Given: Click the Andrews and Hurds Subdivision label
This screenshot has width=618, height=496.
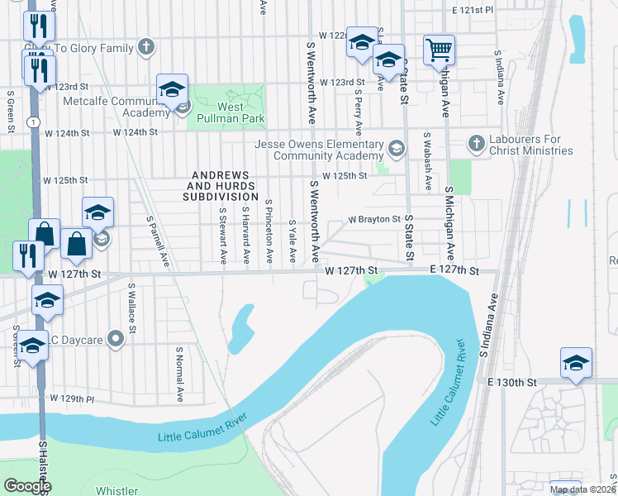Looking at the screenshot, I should tap(221, 186).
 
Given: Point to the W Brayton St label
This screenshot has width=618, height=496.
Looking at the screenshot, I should tap(374, 220).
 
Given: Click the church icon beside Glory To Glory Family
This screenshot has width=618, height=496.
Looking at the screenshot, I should tap(146, 47).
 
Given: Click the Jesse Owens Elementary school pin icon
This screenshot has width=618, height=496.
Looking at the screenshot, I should tap(397, 150).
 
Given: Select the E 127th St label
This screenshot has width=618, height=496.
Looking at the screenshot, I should tap(454, 270).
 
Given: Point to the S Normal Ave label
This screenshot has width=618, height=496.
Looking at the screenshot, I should tap(179, 374).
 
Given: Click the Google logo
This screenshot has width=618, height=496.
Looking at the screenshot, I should tap(27, 486).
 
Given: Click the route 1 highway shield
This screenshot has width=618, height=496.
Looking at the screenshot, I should tap(31, 122).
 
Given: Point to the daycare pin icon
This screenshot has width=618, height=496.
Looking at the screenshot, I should tap(116, 337).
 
